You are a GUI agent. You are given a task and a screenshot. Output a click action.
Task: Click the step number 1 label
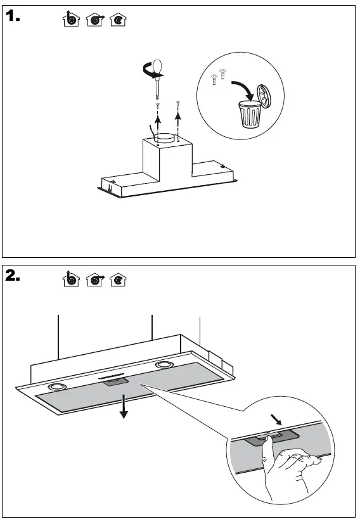click(13, 16)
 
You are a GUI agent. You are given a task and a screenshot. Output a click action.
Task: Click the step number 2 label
click(13, 276)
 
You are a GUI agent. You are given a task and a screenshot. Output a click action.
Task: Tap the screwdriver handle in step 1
click(157, 66)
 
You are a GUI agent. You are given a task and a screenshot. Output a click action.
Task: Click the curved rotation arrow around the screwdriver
click(150, 71)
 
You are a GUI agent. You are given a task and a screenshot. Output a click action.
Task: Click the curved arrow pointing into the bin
click(243, 89)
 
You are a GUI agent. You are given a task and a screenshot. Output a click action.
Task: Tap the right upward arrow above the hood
click(178, 118)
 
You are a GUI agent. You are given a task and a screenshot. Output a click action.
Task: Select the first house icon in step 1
click(71, 19)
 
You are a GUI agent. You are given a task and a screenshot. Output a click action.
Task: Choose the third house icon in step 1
click(118, 20)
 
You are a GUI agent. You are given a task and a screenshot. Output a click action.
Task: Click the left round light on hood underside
click(57, 387)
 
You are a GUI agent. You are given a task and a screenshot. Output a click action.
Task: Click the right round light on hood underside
click(164, 365)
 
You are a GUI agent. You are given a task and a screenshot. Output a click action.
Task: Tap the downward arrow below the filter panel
click(124, 406)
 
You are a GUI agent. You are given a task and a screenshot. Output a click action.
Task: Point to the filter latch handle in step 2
click(115, 381)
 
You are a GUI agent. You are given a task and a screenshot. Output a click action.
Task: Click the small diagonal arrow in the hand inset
click(276, 419)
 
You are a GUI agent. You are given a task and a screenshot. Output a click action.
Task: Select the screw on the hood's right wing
click(221, 165)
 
